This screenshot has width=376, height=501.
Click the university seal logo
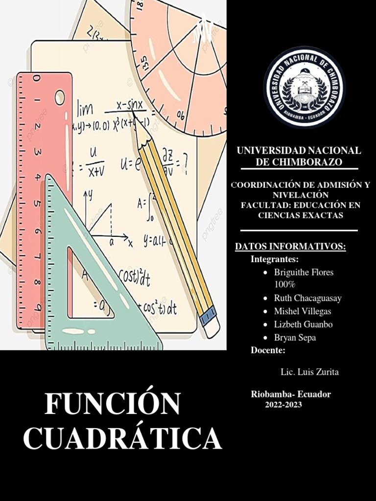pos(304,88)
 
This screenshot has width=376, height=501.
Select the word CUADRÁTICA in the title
pos(122,438)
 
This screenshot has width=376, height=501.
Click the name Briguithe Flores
pos(304,273)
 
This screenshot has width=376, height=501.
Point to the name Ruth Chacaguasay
pos(308,298)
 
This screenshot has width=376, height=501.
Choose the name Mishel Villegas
pos(303,311)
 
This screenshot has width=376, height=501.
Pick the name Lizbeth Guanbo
pos(304,324)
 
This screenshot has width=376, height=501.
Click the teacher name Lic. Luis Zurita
pos(309,372)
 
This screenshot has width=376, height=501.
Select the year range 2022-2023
pos(283,405)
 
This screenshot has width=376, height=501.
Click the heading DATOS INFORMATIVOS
pos(290,247)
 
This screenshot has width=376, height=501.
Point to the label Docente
pos(268,350)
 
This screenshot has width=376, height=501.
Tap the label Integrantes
pos(274,259)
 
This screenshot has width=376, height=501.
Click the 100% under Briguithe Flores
pos(284,285)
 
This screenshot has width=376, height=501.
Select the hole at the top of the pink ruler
pos(60,97)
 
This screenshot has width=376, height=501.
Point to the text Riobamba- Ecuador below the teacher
pos(291,394)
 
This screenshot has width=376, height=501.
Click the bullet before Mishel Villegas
pos(265,312)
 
